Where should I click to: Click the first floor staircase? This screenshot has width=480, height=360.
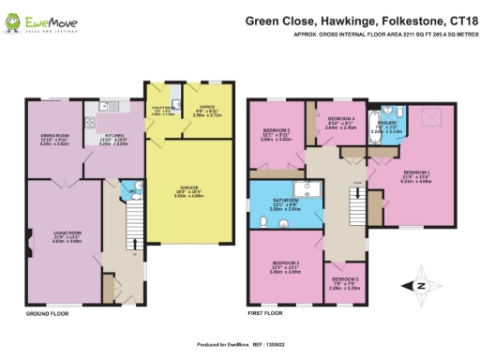click(353, 201)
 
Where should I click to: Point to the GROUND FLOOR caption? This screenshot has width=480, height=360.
click(45, 314)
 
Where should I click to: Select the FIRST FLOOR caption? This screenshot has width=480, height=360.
click(267, 314)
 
